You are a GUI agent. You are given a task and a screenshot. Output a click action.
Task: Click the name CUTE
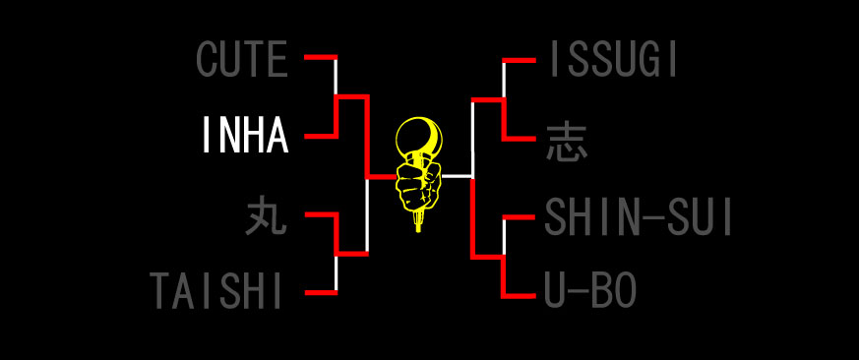[243, 60]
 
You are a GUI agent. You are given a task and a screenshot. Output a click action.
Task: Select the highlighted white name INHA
[245, 136]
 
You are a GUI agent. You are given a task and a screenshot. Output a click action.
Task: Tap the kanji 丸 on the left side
[266, 215]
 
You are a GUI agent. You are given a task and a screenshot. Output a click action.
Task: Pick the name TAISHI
[217, 291]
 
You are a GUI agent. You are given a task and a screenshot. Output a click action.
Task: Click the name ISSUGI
[613, 60]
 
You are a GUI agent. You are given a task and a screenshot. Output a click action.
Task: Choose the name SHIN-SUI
[639, 217]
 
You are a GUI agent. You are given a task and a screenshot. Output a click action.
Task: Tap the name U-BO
[590, 291]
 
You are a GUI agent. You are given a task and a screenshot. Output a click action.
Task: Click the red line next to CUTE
[319, 58]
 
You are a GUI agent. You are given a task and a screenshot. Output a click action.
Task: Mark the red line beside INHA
[319, 136]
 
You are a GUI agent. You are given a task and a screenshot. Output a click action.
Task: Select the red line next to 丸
[319, 214]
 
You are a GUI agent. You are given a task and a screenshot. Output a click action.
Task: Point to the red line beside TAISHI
[319, 292]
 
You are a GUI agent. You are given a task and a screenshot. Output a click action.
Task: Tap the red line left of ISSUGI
[520, 61]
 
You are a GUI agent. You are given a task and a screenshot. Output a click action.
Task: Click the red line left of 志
[520, 139]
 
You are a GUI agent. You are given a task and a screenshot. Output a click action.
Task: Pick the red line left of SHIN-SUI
[520, 216]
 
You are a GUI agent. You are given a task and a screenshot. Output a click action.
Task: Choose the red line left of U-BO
[520, 294]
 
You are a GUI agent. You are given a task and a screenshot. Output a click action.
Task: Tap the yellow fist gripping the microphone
[417, 182]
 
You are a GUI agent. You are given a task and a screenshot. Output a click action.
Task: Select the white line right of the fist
[456, 176]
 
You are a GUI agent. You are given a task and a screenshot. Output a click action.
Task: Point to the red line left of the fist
[381, 177]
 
